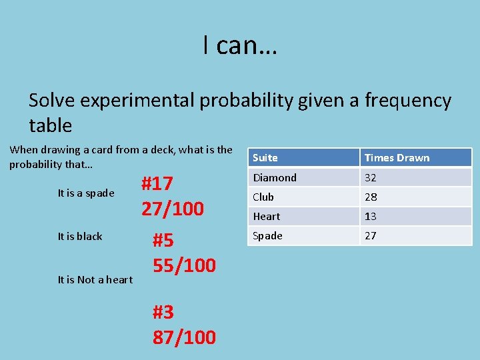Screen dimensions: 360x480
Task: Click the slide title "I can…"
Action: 240,45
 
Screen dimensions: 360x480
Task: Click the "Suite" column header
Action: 265,158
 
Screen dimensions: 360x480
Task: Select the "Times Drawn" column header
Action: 397,158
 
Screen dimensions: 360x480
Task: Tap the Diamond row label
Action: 275,177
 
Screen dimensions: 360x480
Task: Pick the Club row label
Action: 263,197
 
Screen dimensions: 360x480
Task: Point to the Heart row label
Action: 267,216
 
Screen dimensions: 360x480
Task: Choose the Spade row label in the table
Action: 267,235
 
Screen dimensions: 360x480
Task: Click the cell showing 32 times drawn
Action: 370,177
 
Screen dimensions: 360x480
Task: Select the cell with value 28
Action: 370,197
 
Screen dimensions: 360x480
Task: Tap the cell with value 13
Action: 370,216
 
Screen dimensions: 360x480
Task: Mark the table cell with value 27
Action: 370,235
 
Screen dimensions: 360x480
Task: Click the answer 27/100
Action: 172,209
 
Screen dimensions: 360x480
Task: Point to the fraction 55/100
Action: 184,265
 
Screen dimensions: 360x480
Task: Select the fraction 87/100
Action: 184,337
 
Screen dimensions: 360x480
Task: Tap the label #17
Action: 157,183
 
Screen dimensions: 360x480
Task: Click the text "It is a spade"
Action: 86,193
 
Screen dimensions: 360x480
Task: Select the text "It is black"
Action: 80,236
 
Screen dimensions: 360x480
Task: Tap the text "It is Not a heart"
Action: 95,279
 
